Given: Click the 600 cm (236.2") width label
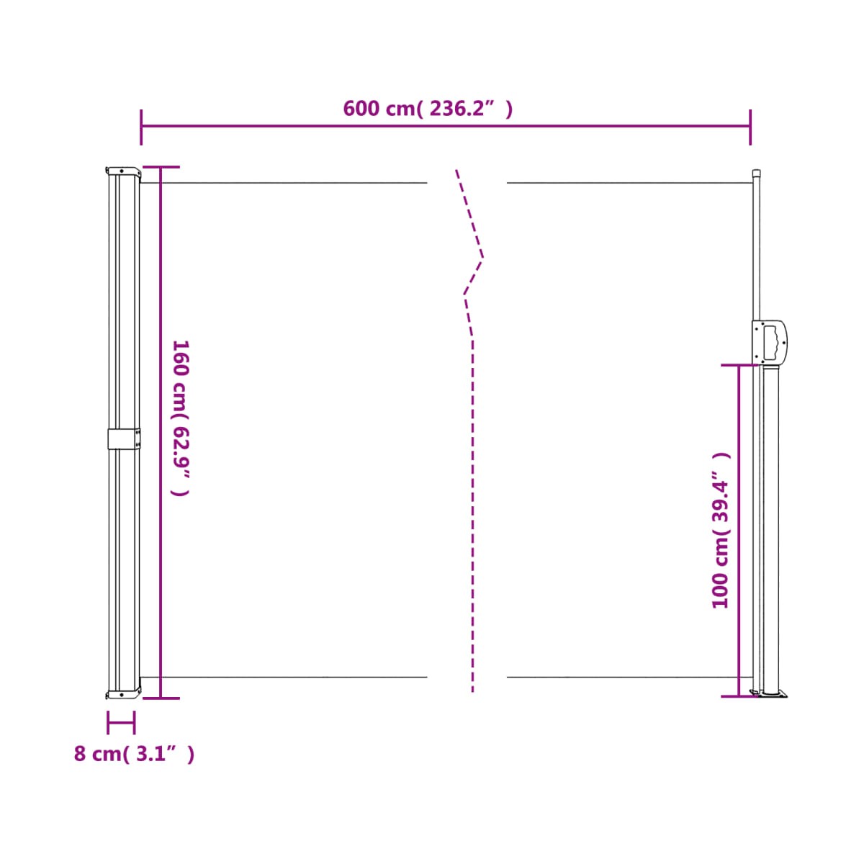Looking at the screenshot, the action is click(427, 109).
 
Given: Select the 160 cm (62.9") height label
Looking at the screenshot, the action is click(181, 418).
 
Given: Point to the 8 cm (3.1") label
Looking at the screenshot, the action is click(134, 754).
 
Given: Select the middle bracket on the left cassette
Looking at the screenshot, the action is click(124, 439).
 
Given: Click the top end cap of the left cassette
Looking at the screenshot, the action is click(122, 172).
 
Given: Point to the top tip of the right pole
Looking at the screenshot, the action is click(756, 170).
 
